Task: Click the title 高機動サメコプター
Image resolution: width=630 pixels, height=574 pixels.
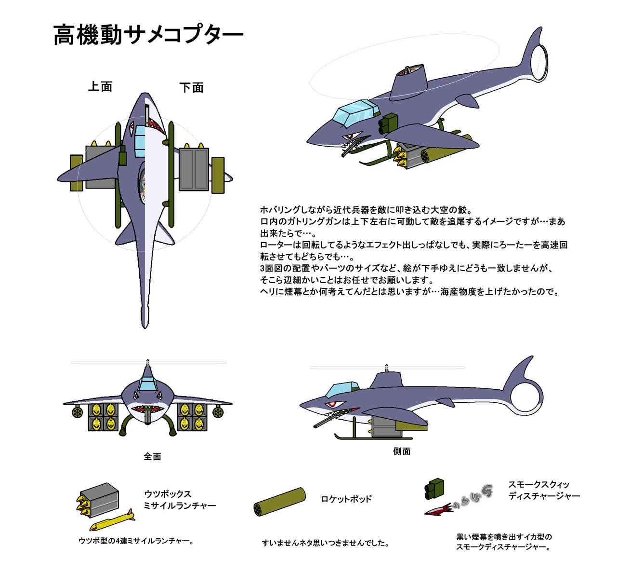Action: [x=148, y=35]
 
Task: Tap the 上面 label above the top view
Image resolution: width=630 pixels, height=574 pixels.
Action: [x=100, y=87]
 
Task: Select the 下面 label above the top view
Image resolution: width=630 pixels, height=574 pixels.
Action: [x=191, y=88]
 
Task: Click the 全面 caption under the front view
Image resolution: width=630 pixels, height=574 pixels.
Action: [x=152, y=456]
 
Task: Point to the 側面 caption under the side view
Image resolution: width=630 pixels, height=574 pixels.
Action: [x=402, y=451]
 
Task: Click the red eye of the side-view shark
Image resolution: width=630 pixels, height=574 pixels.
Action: [x=331, y=404]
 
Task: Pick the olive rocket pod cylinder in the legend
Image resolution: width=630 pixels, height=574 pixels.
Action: [x=280, y=502]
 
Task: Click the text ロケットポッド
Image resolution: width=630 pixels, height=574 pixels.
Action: [x=346, y=499]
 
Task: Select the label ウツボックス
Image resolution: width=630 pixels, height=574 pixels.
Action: [x=168, y=494]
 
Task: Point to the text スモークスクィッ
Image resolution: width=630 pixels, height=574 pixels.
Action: [x=538, y=485]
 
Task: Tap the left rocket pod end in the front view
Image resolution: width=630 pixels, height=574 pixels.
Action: [x=77, y=412]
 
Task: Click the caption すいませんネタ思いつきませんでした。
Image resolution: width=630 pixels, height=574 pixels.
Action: [x=326, y=543]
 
